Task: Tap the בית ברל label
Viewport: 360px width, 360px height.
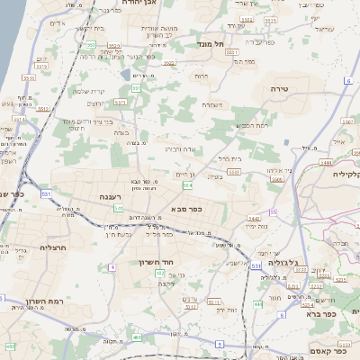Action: point(231,158)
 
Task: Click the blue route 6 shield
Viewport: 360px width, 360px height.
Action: point(346,81)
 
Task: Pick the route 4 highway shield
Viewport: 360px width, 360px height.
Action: point(112,267)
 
